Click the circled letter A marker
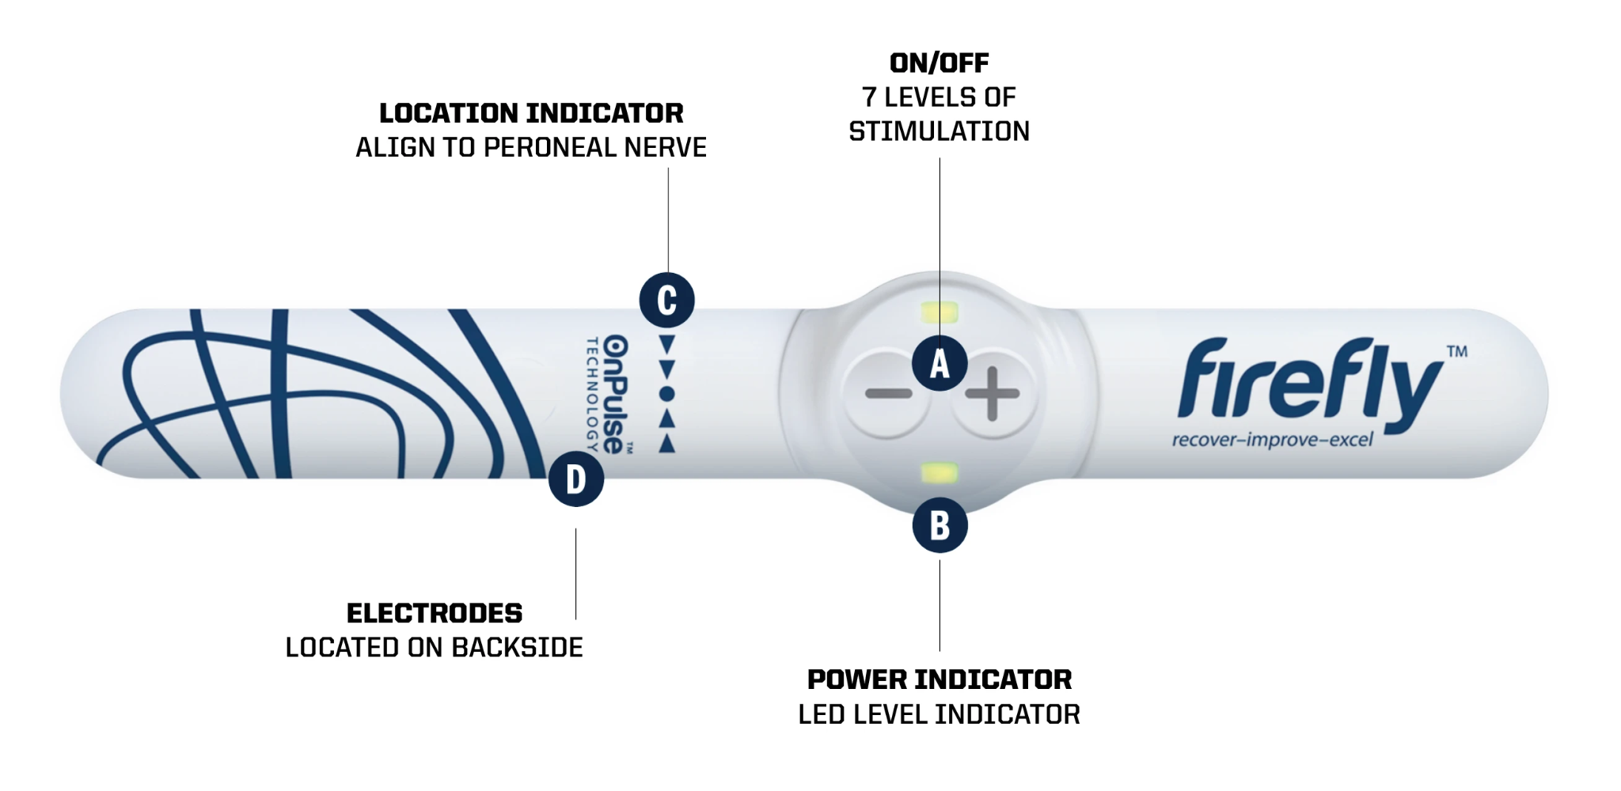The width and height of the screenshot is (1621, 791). tap(940, 364)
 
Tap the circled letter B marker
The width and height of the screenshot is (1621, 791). tap(940, 525)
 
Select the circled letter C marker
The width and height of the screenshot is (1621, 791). tap(667, 301)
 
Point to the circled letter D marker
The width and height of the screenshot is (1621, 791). tap(576, 479)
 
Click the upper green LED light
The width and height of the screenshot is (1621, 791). tap(940, 312)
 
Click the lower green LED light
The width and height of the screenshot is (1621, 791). tap(940, 474)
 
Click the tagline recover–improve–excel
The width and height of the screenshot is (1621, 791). tap(1273, 440)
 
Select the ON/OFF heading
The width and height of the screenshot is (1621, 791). tap(940, 63)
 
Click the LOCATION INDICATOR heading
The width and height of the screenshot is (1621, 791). tap(531, 113)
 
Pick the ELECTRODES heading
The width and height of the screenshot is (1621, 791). tap(435, 613)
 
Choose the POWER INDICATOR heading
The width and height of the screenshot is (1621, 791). tap(940, 679)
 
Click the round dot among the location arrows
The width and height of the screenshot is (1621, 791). tap(667, 394)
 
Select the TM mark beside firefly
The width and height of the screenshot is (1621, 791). tap(1457, 351)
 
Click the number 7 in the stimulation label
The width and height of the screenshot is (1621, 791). tap(869, 97)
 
